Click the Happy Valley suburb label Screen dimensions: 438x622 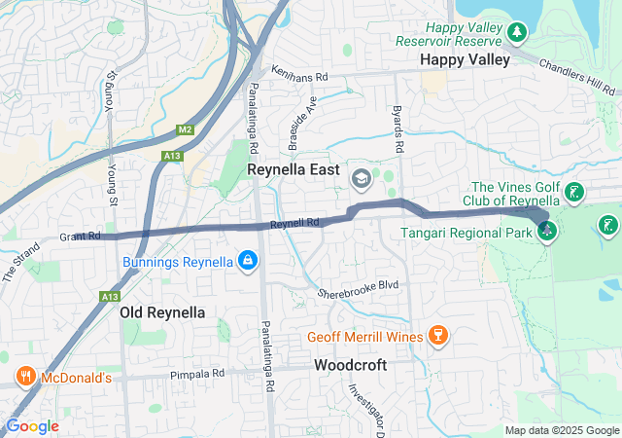(x=465, y=60)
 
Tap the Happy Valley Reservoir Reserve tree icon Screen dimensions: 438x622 (x=517, y=33)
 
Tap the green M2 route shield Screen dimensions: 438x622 (x=185, y=129)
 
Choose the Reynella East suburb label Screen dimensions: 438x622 (x=293, y=171)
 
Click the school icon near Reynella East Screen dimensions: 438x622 (x=361, y=177)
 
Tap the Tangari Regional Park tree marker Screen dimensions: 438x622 (x=547, y=232)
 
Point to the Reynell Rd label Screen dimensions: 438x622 (x=294, y=224)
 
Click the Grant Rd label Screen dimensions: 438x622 (x=80, y=236)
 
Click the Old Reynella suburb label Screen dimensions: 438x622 (x=162, y=312)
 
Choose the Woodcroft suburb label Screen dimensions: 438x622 (x=350, y=365)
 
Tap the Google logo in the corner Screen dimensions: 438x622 (x=32, y=426)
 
